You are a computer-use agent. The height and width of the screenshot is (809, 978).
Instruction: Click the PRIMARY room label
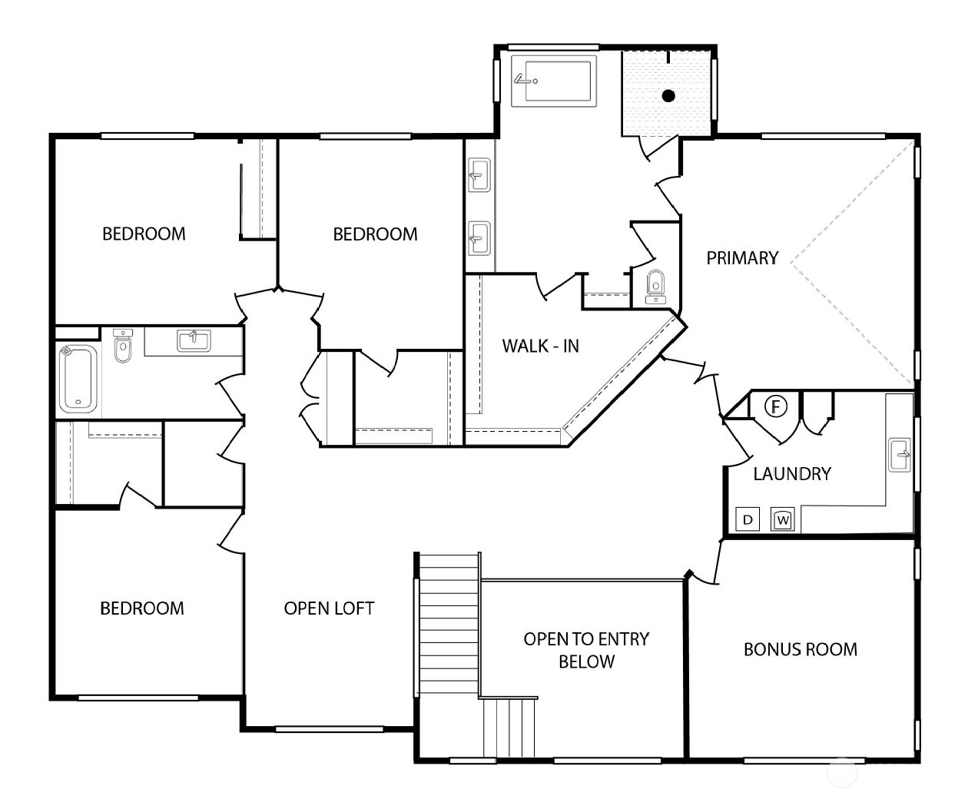click(x=742, y=258)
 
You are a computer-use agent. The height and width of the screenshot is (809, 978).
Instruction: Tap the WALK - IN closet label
click(x=540, y=346)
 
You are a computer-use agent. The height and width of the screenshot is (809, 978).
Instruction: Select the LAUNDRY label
click(x=791, y=473)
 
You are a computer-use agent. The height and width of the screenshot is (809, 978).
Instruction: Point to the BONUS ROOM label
click(x=800, y=649)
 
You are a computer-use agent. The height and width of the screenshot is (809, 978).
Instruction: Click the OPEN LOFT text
click(x=329, y=608)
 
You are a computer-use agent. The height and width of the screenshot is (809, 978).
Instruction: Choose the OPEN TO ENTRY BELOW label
click(x=586, y=650)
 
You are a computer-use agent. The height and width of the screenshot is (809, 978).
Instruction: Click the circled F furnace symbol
click(x=777, y=406)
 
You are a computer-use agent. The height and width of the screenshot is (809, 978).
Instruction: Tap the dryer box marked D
click(x=748, y=520)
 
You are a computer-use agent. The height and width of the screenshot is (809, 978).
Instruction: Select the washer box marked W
click(x=782, y=520)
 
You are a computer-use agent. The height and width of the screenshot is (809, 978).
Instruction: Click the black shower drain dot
click(x=668, y=96)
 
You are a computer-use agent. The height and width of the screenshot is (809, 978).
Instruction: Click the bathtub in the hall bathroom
click(x=77, y=377)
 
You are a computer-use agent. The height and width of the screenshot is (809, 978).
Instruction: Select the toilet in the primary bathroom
click(x=655, y=284)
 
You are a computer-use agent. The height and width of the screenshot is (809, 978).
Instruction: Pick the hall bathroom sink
click(x=194, y=340)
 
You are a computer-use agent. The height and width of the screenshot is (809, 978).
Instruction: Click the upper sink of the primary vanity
click(x=479, y=174)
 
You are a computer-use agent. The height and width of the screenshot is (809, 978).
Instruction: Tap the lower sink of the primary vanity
click(x=479, y=238)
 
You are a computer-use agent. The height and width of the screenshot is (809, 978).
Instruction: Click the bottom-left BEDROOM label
click(x=142, y=608)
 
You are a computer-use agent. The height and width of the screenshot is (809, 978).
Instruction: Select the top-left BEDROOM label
click(x=144, y=234)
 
